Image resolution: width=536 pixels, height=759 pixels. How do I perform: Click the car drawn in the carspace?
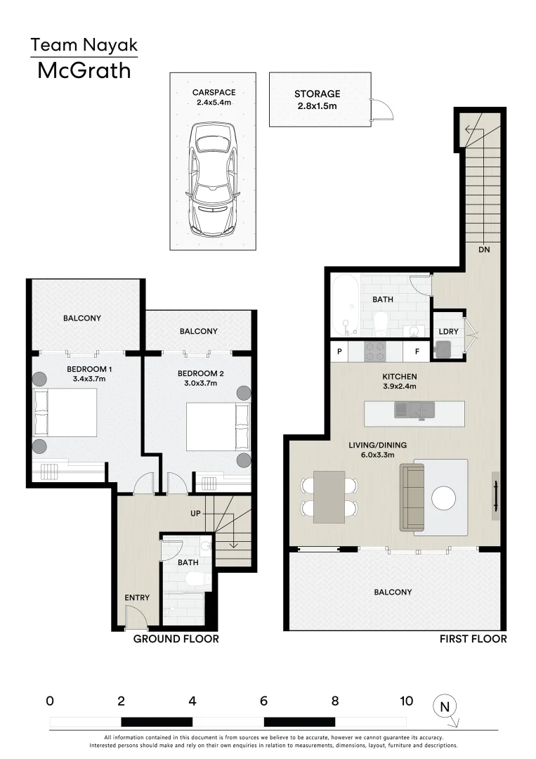click(214, 179)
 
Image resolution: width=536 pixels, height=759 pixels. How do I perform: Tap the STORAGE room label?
click(318, 94)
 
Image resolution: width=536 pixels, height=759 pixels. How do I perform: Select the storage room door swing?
click(382, 109)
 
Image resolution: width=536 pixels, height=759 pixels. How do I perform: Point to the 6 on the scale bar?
click(263, 701)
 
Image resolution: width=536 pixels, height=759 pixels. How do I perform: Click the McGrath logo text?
click(84, 71)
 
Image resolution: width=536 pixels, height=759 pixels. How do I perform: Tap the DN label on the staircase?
click(484, 249)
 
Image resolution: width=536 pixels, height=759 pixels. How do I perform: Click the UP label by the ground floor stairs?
click(195, 513)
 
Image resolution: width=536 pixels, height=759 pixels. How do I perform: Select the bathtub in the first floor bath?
click(346, 306)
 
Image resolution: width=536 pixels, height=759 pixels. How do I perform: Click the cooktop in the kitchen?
click(375, 351)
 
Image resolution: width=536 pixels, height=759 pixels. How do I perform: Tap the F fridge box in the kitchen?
click(417, 351)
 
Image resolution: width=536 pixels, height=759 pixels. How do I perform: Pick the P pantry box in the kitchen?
click(339, 351)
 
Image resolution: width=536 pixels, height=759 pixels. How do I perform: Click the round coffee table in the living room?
click(443, 498)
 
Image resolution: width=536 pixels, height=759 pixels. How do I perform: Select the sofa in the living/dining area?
click(412, 498)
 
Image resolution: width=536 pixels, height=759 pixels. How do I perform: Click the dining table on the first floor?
click(329, 497)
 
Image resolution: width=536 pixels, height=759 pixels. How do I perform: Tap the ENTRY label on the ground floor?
click(137, 598)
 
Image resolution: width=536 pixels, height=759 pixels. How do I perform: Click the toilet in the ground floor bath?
click(199, 579)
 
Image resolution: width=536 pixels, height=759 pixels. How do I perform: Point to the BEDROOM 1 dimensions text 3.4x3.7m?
click(89, 379)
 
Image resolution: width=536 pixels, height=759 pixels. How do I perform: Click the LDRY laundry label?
click(448, 332)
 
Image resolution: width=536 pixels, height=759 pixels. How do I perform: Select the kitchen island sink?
click(414, 410)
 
